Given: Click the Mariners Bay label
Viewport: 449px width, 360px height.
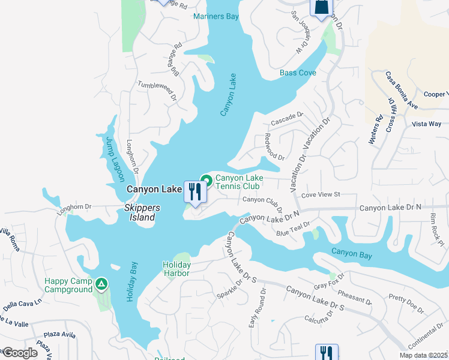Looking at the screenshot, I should (x=216, y=16).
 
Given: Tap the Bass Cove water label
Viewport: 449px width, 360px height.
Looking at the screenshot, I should (x=298, y=73).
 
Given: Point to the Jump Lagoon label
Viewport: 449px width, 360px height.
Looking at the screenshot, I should (x=115, y=159).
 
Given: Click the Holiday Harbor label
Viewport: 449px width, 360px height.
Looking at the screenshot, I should (x=176, y=269).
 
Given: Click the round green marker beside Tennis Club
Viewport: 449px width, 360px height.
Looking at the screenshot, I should (x=206, y=179).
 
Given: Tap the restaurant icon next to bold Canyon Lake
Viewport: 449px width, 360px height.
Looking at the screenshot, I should (x=194, y=191).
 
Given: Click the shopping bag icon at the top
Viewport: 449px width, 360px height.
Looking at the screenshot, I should (x=321, y=8).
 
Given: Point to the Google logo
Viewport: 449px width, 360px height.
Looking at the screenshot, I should (x=20, y=352).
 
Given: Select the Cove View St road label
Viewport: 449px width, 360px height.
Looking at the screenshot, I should (x=321, y=195).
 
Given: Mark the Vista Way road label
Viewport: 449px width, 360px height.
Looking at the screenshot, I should (x=427, y=124).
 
